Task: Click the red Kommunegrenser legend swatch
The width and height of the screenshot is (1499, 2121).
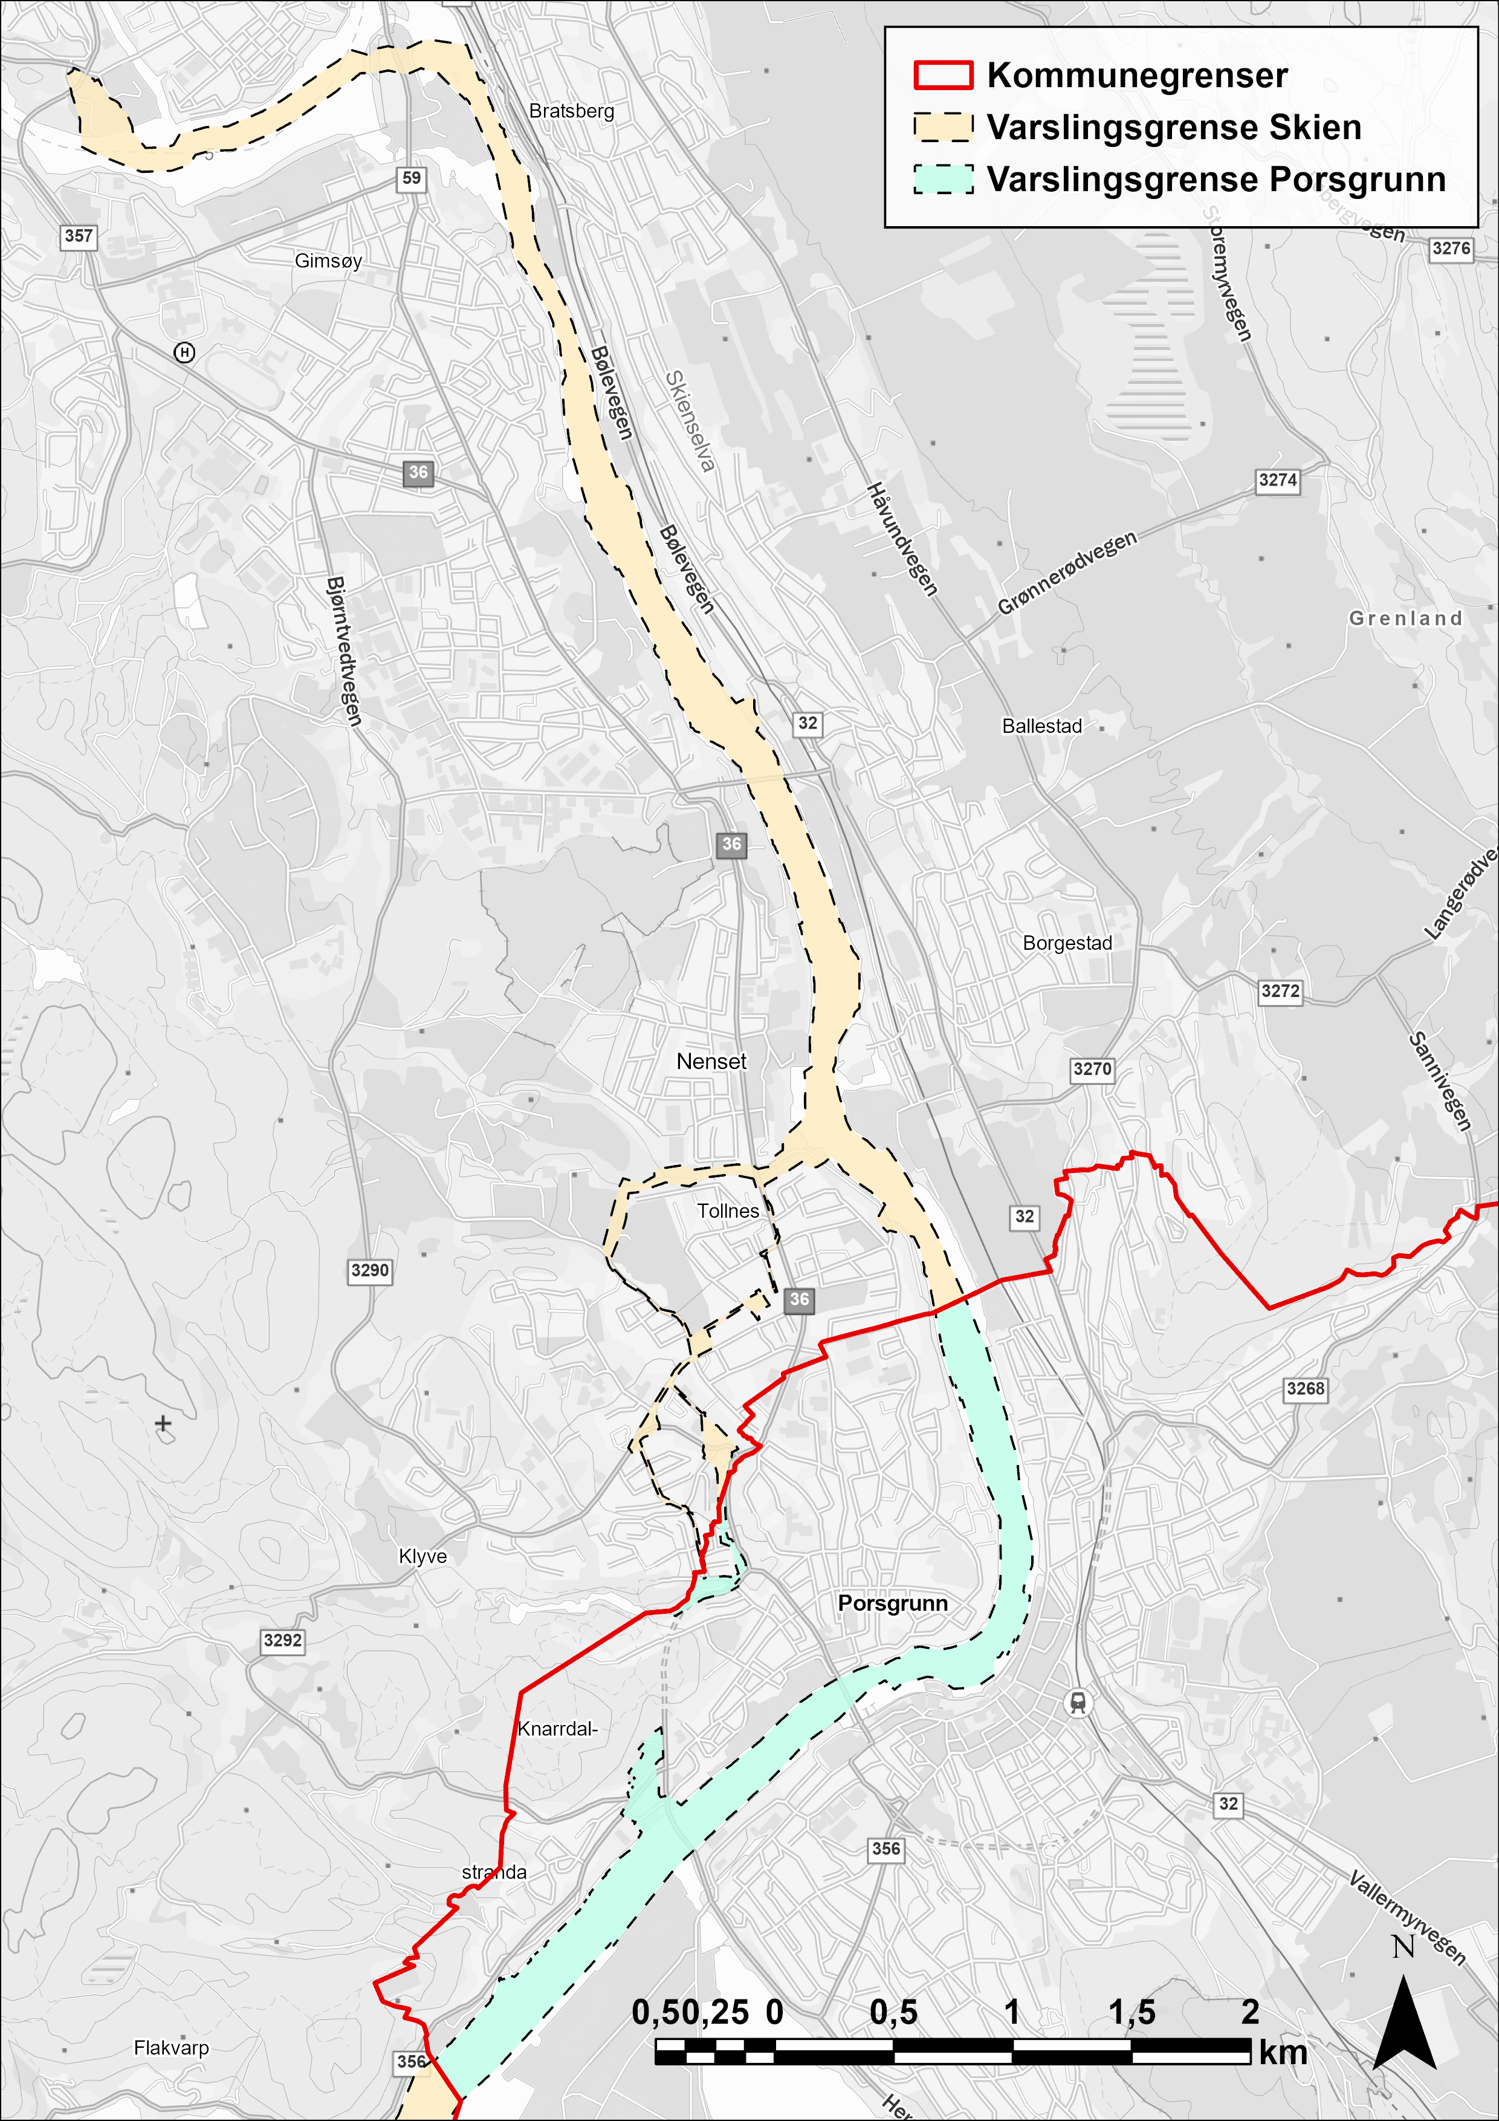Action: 943,76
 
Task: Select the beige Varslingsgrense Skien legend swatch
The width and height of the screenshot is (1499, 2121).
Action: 943,128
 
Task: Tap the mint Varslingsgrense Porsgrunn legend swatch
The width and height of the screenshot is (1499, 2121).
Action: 943,179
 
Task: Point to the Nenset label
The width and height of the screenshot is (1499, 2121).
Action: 711,1062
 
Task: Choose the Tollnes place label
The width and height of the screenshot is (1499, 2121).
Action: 728,1210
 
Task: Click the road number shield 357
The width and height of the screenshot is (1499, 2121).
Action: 79,236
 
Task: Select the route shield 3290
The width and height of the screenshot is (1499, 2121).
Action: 369,1270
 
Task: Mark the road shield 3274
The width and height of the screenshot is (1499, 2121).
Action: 1277,480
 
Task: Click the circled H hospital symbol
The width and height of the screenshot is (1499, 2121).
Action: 185,352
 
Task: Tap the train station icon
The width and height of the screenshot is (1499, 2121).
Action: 1077,1701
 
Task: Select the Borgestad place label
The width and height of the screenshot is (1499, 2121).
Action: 1067,943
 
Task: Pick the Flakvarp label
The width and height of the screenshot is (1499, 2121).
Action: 171,2048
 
